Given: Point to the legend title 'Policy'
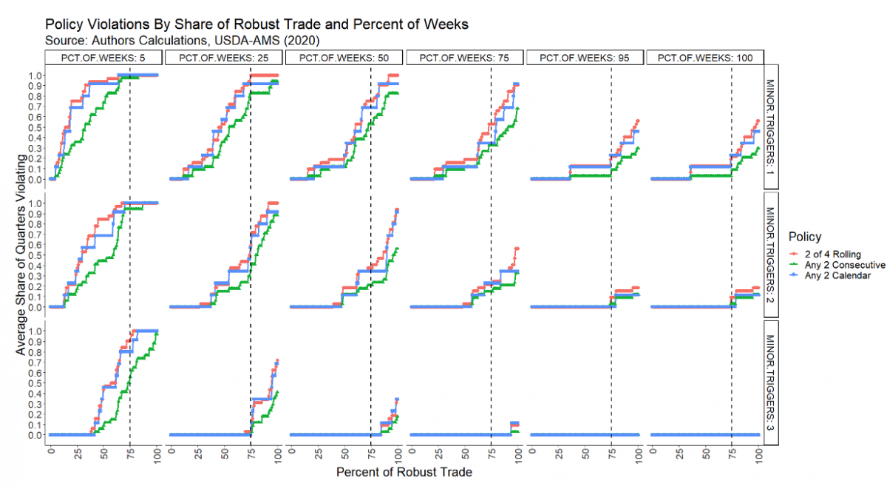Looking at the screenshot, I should pyautogui.click(x=804, y=237).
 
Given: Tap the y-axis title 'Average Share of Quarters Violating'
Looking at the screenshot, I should pyautogui.click(x=21, y=255).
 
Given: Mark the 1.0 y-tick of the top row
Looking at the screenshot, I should pyautogui.click(x=35, y=75).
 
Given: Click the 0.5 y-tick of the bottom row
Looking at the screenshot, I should pyautogui.click(x=35, y=383).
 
